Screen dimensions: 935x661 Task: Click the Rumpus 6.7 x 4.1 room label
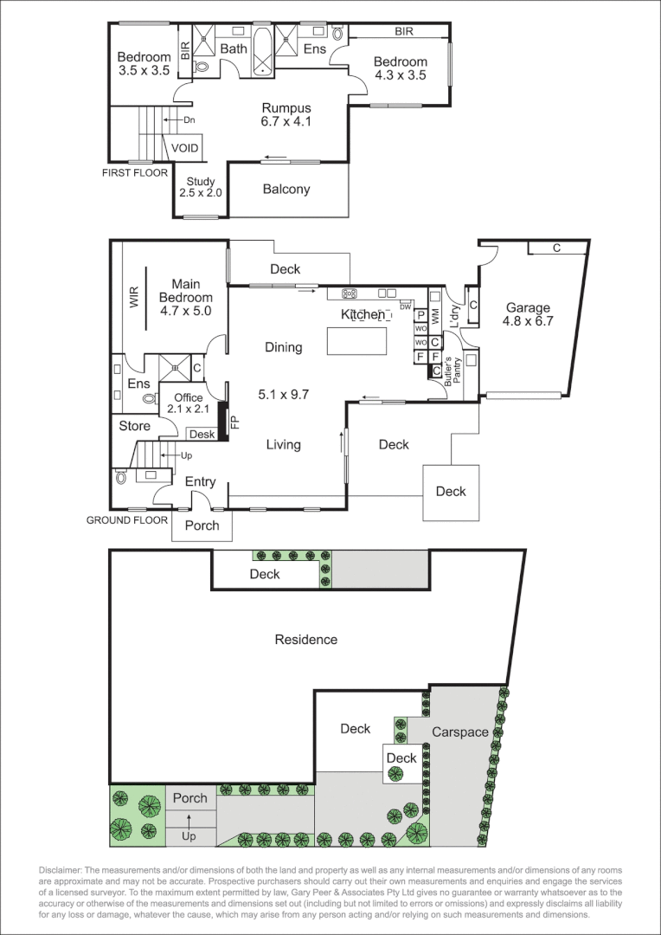pyautogui.click(x=286, y=114)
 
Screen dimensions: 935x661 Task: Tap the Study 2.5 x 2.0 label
pyautogui.click(x=201, y=187)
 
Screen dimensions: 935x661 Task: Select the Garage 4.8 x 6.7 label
pyautogui.click(x=529, y=314)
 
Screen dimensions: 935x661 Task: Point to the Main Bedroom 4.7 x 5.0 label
pyautogui.click(x=186, y=297)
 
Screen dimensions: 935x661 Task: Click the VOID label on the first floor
pyautogui.click(x=184, y=148)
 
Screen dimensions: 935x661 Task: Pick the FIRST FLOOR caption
pyautogui.click(x=134, y=173)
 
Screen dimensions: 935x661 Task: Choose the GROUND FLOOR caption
pyautogui.click(x=126, y=520)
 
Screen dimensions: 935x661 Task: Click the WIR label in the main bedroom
pyautogui.click(x=134, y=298)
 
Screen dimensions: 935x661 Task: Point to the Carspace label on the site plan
pyautogui.click(x=460, y=732)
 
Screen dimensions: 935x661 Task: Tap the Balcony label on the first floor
pyautogui.click(x=286, y=190)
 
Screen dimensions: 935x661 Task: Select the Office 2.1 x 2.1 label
pyautogui.click(x=184, y=403)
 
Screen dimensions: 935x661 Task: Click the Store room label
pyautogui.click(x=134, y=426)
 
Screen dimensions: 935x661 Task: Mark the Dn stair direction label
pyautogui.click(x=189, y=119)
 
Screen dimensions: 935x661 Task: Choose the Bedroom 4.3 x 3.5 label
pyautogui.click(x=401, y=68)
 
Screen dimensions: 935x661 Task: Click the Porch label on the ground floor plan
pyautogui.click(x=202, y=526)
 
